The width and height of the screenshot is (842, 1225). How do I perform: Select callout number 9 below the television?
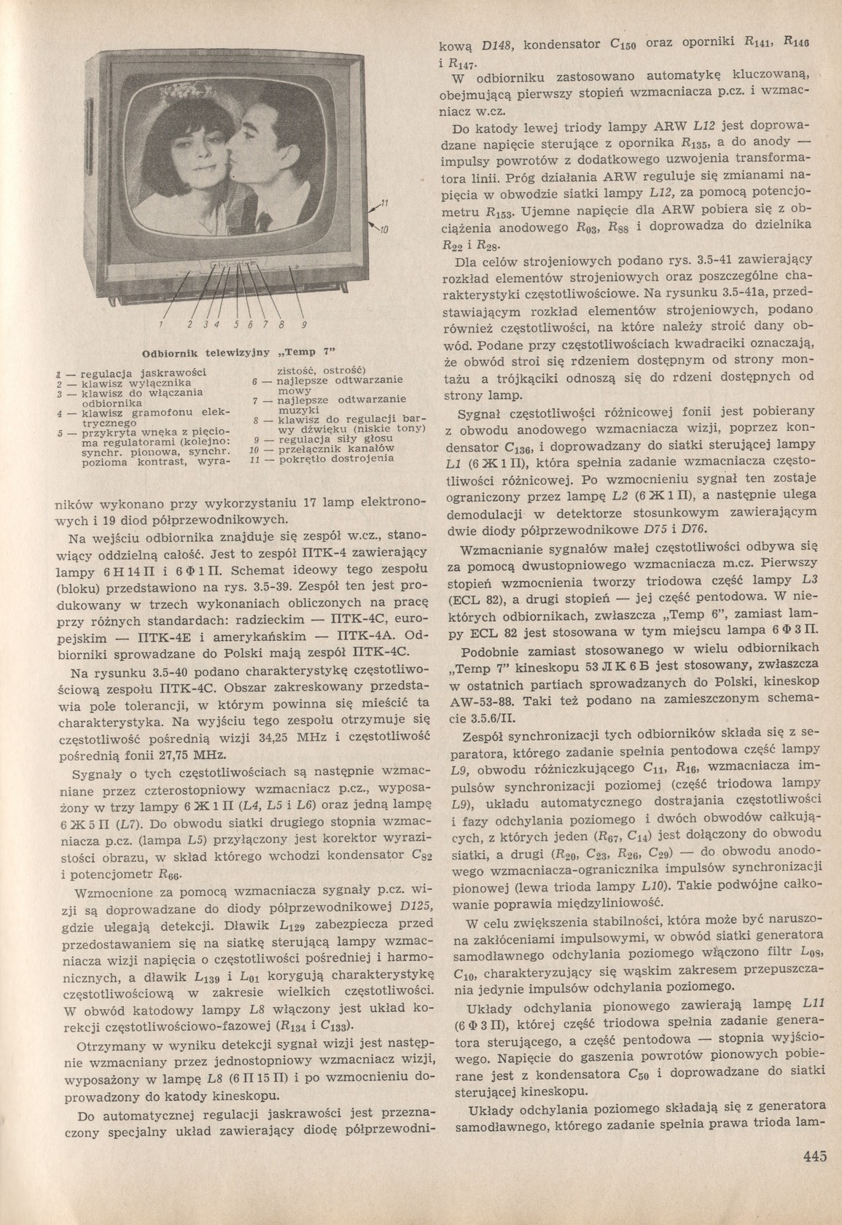[x=303, y=324]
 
